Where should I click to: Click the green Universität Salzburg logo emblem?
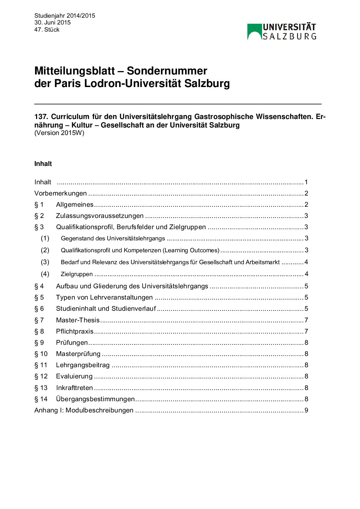[x=254, y=32]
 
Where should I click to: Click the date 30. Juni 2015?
[x=52, y=22]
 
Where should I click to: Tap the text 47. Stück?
[x=47, y=30]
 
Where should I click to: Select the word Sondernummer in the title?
[x=167, y=71]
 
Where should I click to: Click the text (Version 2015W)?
[x=59, y=133]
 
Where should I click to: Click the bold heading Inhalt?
[x=43, y=164]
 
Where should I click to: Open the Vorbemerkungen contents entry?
[x=61, y=193]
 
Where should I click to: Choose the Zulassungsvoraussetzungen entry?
[x=100, y=216]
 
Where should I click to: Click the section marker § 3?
[x=39, y=227]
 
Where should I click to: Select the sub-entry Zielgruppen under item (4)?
[x=77, y=274]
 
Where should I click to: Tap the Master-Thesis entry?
[x=78, y=320]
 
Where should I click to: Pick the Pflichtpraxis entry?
[x=75, y=332]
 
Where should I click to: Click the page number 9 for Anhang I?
[x=306, y=410]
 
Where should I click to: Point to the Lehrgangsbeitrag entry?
[x=83, y=365]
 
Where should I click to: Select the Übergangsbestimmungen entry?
[x=95, y=399]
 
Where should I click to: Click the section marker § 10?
[x=41, y=354]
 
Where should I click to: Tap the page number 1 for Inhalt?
[x=306, y=182]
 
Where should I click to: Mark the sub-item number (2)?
[x=45, y=250]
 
